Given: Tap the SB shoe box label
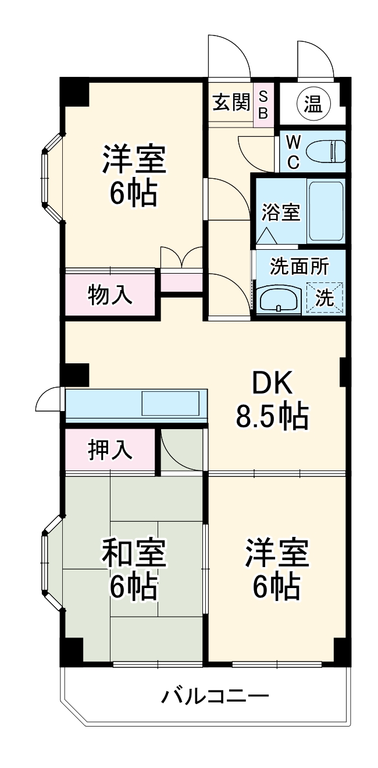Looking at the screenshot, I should pos(263,104).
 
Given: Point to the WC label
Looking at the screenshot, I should pos(294,151).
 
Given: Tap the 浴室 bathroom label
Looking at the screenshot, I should pos(280,213).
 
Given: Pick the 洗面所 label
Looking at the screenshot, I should pos(299,267).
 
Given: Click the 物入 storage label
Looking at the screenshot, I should pos(110,295).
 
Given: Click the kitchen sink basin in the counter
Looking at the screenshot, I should pos(170,403).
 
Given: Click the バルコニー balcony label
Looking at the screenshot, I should pos(215,695).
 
